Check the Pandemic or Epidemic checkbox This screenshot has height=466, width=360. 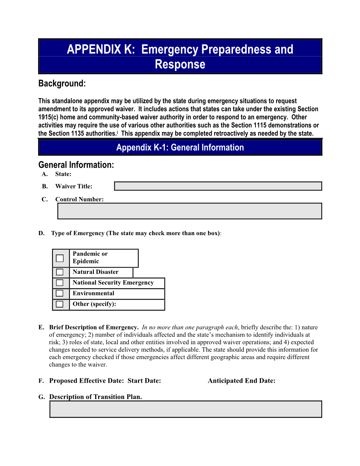60,258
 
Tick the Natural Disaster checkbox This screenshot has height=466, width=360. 60,272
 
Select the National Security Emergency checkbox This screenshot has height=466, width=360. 60,283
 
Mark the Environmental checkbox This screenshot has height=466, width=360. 60,293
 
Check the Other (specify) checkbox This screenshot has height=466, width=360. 60,304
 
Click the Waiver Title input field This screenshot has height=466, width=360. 218,186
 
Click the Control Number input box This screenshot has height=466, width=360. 190,211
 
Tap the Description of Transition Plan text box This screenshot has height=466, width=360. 186,409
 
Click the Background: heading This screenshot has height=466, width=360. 62,84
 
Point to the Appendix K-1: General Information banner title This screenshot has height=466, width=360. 180,148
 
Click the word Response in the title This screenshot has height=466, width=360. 180,65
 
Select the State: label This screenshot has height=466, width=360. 63,174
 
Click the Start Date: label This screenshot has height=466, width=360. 144,381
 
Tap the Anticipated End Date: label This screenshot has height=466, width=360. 241,381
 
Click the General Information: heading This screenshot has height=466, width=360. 76,165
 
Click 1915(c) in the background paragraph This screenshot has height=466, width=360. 48,117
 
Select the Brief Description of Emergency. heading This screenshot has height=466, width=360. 94,327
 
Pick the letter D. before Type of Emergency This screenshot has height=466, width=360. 41,233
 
